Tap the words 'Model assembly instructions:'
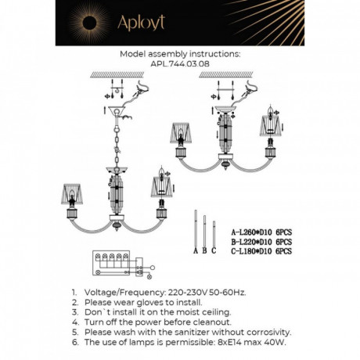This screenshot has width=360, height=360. (180, 56)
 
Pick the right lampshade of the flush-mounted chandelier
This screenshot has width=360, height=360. (274, 124)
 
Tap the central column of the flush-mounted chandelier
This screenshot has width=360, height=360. (229, 138)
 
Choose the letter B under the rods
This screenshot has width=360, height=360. (204, 250)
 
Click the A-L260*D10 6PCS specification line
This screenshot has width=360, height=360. (261, 232)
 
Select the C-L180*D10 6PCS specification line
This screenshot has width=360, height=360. (261, 251)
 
